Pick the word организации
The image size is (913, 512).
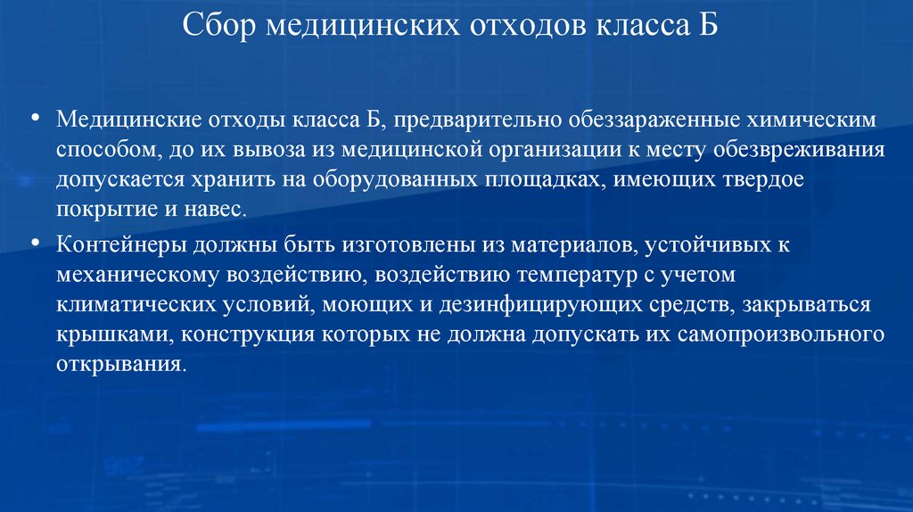click(x=554, y=149)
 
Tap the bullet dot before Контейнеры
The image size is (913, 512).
click(x=36, y=243)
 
